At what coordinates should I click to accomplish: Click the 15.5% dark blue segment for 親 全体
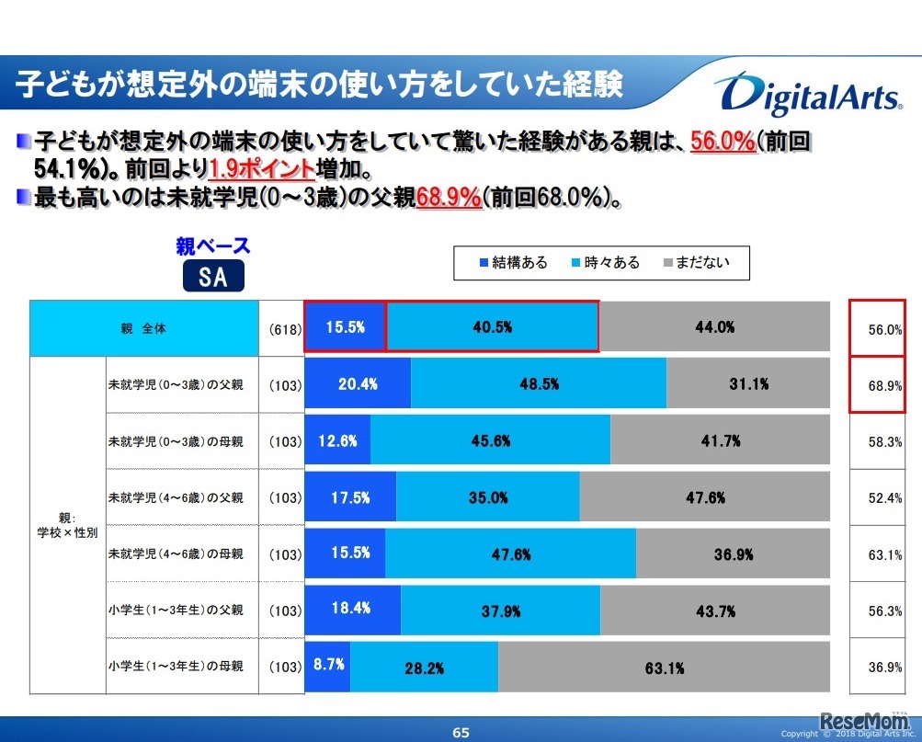345,326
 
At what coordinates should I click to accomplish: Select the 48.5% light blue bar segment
539,384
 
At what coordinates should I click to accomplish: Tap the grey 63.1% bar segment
664,668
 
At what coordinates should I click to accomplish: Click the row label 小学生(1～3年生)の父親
176,610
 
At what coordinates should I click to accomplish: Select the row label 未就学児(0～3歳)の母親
176,441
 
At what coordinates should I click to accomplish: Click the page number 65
461,733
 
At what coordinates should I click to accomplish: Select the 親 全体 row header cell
144,328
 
